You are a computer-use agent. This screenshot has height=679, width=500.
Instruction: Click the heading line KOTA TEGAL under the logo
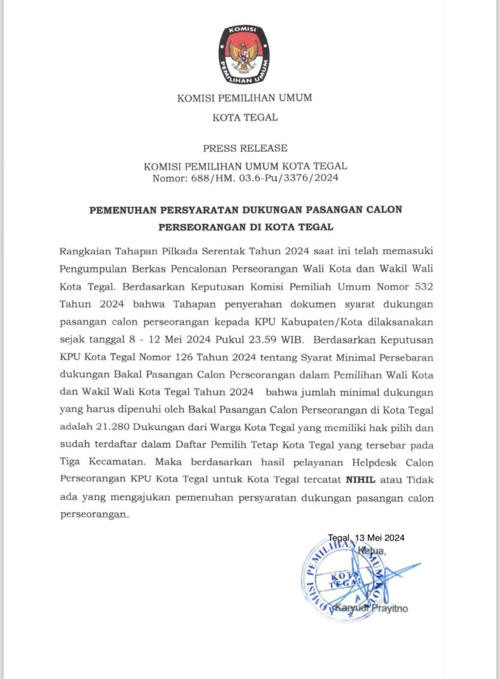point(245,117)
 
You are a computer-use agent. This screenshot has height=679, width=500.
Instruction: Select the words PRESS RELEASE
point(245,148)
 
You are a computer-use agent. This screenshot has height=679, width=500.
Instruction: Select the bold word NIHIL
point(361,480)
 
